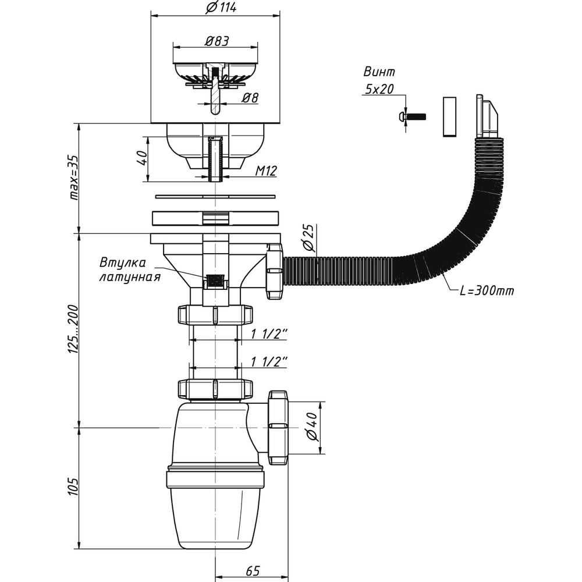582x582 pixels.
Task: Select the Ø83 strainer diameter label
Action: point(216,41)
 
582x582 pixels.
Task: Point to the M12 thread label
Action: point(265,171)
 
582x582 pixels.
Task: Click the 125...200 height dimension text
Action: point(73,330)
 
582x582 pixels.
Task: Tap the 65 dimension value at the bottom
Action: point(253,570)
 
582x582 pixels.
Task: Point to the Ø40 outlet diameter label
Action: point(310,428)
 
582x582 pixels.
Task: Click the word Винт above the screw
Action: point(379,72)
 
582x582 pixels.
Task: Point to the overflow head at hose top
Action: point(486,117)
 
